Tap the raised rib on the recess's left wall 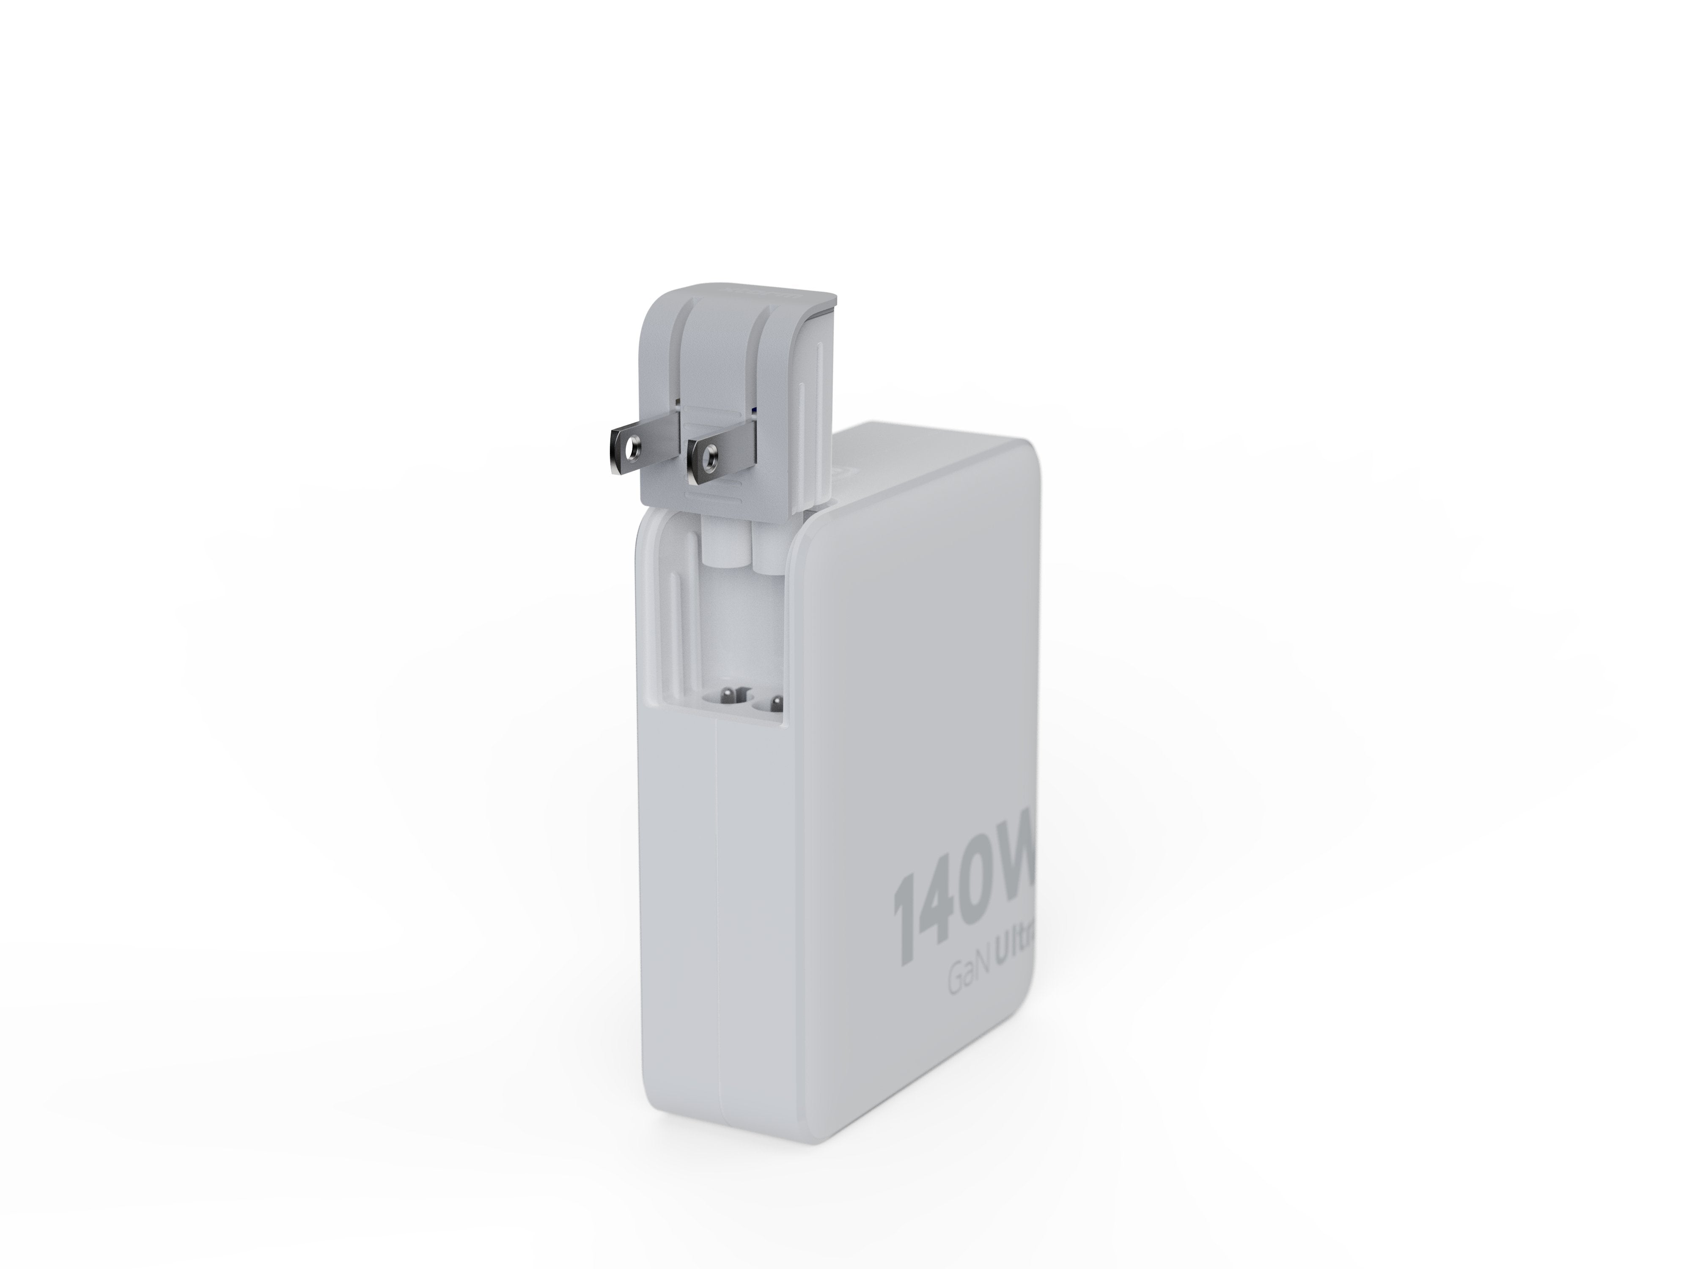coord(672,612)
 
